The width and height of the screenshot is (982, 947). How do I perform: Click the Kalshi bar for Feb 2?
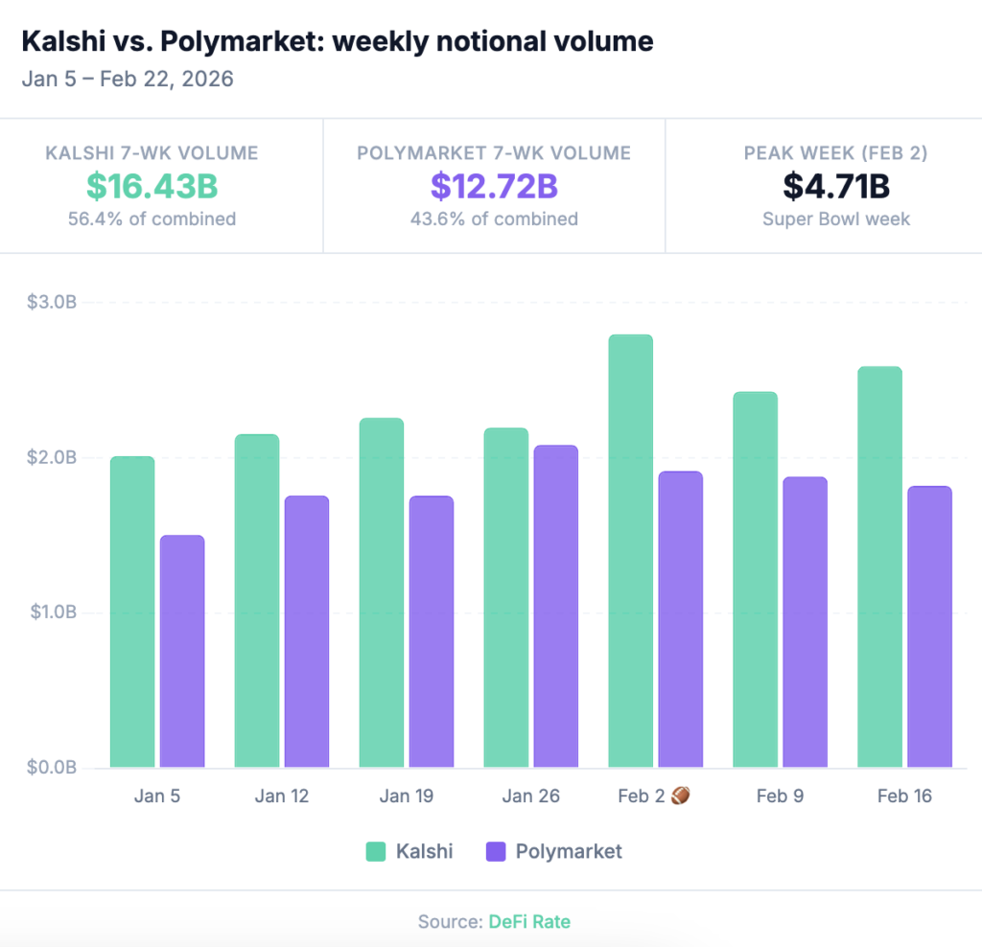[x=630, y=551]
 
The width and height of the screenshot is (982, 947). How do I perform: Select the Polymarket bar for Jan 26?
[x=555, y=606]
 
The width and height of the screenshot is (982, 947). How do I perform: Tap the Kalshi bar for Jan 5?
[x=132, y=612]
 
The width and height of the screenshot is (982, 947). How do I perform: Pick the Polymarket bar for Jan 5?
[x=182, y=651]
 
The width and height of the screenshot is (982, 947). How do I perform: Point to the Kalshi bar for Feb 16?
[x=879, y=566]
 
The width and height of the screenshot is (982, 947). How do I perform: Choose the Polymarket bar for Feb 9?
[x=805, y=622]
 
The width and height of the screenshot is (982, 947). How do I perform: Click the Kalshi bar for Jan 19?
[x=382, y=592]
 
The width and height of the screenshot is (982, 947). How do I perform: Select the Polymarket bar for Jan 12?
[x=307, y=632]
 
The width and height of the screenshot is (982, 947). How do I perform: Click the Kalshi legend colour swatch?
[x=376, y=851]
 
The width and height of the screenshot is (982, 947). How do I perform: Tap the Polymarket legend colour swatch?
[x=496, y=851]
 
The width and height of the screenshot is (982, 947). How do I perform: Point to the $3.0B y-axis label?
[x=52, y=303]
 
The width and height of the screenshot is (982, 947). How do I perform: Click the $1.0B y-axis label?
[x=52, y=612]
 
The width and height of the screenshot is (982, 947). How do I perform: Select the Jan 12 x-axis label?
[x=282, y=796]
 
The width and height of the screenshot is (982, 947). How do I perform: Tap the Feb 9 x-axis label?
[x=780, y=796]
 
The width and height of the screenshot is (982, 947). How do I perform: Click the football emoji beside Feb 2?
[x=680, y=795]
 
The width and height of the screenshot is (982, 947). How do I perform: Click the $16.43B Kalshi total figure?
[x=152, y=186]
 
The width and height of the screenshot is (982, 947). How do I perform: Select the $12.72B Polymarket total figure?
[x=494, y=186]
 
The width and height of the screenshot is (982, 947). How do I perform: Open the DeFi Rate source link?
[x=529, y=921]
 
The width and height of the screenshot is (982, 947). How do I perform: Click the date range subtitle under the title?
[x=128, y=78]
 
